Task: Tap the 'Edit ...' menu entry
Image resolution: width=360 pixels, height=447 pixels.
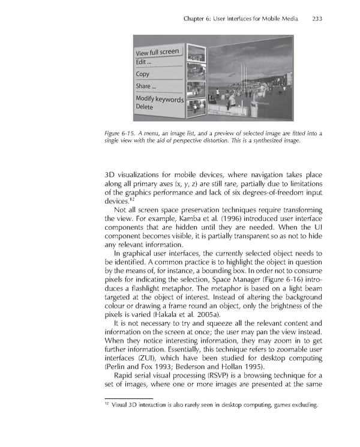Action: click(145, 62)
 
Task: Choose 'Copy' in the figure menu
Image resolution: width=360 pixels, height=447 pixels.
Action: click(143, 74)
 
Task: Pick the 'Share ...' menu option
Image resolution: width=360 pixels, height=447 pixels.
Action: click(146, 86)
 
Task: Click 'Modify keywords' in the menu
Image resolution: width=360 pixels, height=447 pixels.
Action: click(159, 99)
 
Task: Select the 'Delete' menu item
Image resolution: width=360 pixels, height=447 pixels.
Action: click(145, 107)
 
